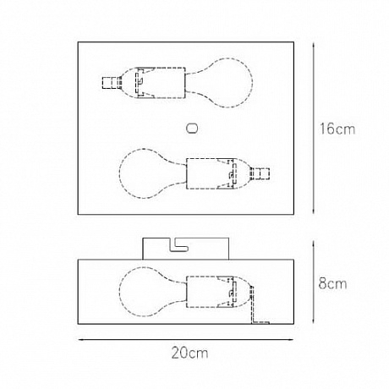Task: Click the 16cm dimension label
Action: coord(337,129)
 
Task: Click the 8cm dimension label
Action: coord(332,283)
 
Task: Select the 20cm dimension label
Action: coord(189,353)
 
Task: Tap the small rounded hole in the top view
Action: coord(192,129)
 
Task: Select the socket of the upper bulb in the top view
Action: coord(162,83)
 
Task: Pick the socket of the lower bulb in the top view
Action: coord(211,173)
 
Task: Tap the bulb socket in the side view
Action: coord(211,292)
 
